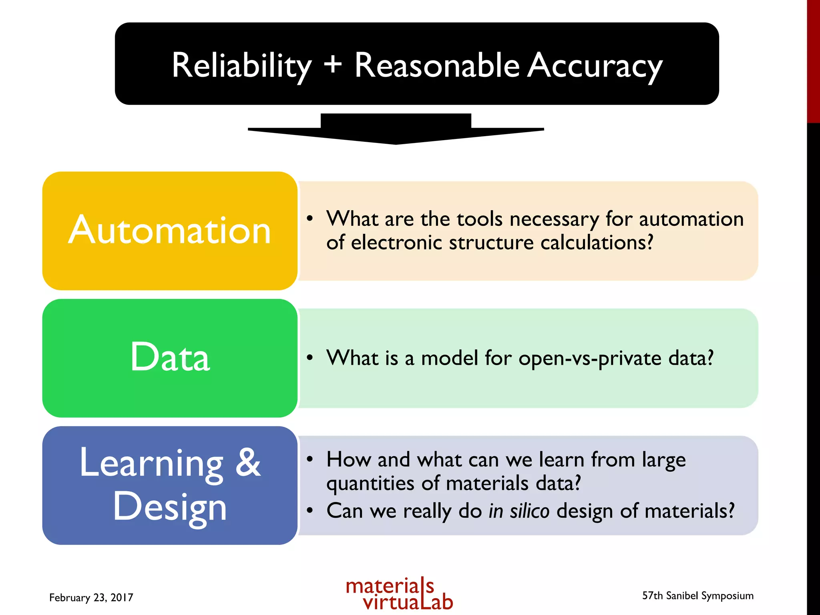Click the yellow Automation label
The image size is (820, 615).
(170, 231)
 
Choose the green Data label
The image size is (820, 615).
(170, 357)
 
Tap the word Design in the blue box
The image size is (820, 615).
(170, 507)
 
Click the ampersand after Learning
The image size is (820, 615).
(248, 463)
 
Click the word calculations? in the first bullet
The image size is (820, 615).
(597, 243)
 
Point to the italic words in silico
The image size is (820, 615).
(519, 511)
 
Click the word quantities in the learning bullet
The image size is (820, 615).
(370, 484)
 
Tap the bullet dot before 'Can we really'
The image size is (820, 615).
(310, 510)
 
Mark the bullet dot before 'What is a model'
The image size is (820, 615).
(310, 358)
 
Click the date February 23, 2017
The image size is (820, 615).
(91, 597)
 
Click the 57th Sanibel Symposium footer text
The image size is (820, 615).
(697, 596)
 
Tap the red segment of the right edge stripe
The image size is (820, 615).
(813, 60)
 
